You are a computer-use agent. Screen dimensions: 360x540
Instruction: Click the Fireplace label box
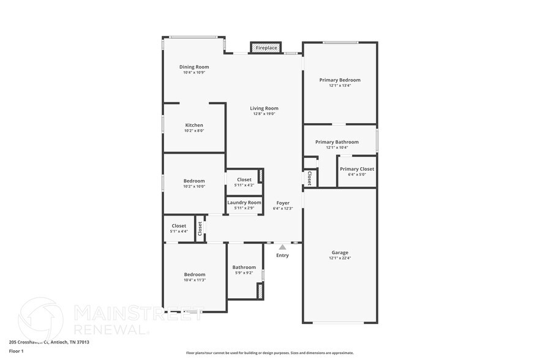pyautogui.click(x=266, y=48)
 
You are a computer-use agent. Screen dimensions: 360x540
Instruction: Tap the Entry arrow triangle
pyautogui.click(x=282, y=247)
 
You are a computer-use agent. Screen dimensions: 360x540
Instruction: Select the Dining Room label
pyautogui.click(x=194, y=67)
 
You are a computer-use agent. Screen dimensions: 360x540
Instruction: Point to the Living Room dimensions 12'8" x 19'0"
pyautogui.click(x=264, y=114)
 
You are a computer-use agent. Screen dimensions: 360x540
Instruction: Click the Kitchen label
pyautogui.click(x=194, y=125)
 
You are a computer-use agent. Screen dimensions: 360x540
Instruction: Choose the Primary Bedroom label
pyautogui.click(x=340, y=80)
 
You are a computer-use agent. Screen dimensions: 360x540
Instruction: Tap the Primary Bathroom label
pyautogui.click(x=337, y=142)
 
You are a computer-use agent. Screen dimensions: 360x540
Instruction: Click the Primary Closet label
pyautogui.click(x=357, y=169)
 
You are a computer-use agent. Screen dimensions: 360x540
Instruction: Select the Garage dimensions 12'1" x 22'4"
pyautogui.click(x=340, y=258)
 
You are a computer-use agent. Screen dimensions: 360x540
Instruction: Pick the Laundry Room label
pyautogui.click(x=244, y=202)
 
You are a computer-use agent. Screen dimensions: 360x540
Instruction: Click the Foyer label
pyautogui.click(x=283, y=203)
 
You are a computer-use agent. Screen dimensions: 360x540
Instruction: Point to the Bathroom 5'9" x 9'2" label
pyautogui.click(x=244, y=267)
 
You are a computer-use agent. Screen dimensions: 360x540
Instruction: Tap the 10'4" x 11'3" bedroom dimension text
pyautogui.click(x=194, y=280)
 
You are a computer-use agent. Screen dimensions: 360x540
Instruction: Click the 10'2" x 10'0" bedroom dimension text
pyautogui.click(x=194, y=186)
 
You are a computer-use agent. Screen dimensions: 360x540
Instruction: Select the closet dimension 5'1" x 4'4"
pyautogui.click(x=179, y=231)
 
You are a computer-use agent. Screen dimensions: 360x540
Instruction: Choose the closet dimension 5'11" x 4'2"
pyautogui.click(x=244, y=185)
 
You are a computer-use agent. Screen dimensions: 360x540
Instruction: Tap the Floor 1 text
pyautogui.click(x=16, y=351)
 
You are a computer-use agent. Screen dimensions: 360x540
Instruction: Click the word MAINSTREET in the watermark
pyautogui.click(x=138, y=313)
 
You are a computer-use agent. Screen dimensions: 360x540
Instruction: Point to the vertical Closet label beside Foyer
pyautogui.click(x=310, y=178)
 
